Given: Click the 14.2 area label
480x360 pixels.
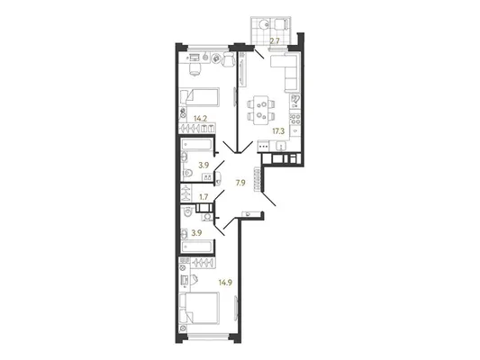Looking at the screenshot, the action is coord(201,119).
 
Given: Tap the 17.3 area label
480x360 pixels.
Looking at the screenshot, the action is coord(278,131).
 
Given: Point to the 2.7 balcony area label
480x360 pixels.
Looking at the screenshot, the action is coord(275,41).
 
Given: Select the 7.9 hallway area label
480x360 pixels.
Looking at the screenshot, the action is coord(240,183).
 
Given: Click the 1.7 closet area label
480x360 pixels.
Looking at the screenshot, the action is coord(204,197).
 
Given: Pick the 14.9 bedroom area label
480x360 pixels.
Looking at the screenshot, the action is coord(225,283).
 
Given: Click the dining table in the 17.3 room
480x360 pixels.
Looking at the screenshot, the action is coord(261,110).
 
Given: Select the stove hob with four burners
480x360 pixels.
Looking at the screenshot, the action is coord(295,119).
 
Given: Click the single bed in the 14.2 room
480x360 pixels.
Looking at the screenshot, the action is coord(199,97).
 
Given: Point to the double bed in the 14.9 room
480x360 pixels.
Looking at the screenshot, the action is coord(199,308).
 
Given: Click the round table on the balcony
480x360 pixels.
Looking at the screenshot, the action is coord(263,24).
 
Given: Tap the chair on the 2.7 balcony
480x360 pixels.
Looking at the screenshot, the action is coord(280,24).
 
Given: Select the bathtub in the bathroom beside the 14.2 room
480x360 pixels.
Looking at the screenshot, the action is coord(197,145).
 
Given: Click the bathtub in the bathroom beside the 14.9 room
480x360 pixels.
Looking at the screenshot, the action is coord(197,247).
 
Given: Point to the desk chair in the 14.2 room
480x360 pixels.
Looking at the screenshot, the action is coord(195,69).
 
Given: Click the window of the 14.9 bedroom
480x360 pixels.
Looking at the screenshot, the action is coord(208,336).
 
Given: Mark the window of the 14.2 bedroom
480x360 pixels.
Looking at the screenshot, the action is coord(208,47).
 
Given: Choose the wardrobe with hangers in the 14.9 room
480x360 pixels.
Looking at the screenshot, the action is coord(203,263).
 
